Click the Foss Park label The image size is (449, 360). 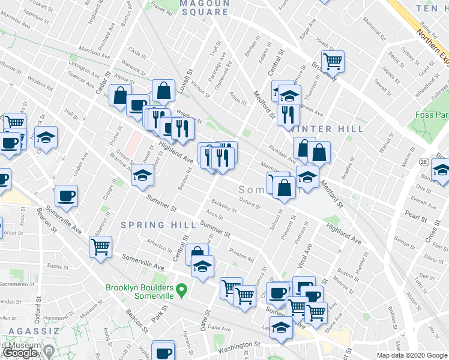pos(431,115)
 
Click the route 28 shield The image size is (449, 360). pos(424,163)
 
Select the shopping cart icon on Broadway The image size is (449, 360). pos(332,60)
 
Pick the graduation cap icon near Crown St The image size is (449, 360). pos(142,175)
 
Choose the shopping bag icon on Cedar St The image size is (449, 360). pos(120,95)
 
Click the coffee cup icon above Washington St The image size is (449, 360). pos(163,352)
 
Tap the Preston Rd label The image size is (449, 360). pos(242,257)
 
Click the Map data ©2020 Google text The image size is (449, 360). pos(411,355)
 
